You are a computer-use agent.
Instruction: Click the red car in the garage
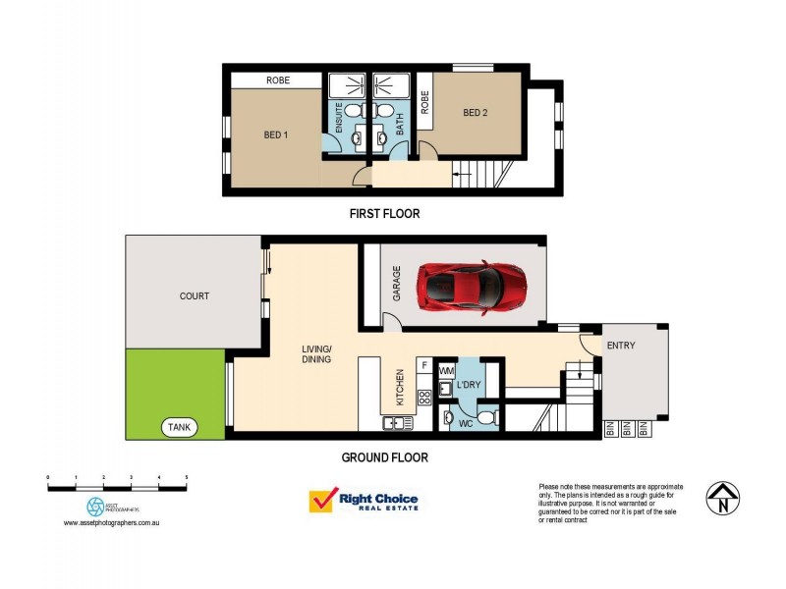[x=472, y=287]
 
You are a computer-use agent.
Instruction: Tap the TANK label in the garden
[x=181, y=427]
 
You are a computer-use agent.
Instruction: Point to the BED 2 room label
[x=476, y=113]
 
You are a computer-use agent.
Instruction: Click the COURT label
[x=194, y=295]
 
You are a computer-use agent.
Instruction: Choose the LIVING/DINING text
[x=316, y=354]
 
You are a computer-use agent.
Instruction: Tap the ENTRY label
[x=621, y=346]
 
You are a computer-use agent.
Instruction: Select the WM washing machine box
[x=446, y=371]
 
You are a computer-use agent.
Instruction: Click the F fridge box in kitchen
[x=423, y=365]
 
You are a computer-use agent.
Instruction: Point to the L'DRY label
[x=469, y=386]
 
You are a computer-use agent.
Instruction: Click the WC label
[x=467, y=424]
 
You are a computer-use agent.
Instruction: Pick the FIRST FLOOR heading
[x=384, y=213]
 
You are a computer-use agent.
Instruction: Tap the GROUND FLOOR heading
[x=384, y=457]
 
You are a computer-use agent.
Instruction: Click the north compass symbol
[x=724, y=498]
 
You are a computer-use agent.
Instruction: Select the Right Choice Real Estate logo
[x=364, y=502]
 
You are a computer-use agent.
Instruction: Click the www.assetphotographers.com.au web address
[x=111, y=523]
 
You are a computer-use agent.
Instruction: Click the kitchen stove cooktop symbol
[x=424, y=399]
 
